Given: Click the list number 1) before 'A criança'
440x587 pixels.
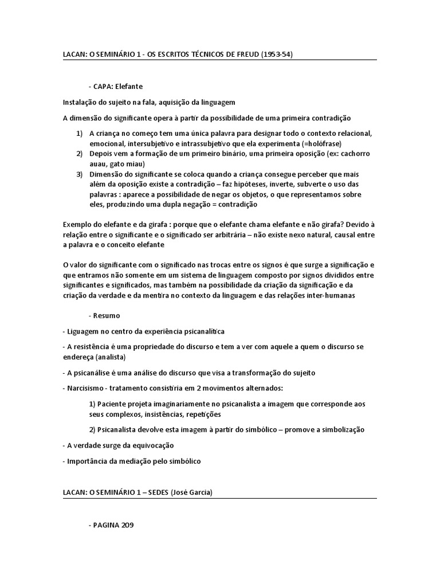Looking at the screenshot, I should coord(79,134).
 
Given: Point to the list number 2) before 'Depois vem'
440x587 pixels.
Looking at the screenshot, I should coord(79,154).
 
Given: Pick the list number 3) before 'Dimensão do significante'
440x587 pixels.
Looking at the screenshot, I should coord(79,174).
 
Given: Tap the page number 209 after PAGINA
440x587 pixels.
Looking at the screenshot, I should coord(128,524).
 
